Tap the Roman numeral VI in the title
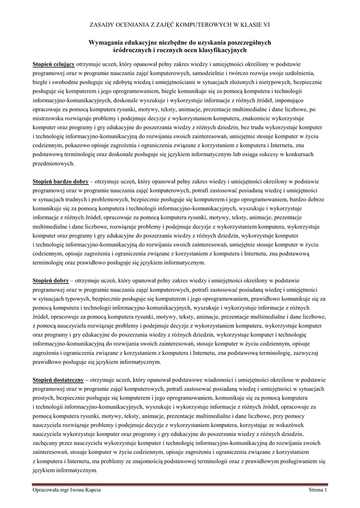267,24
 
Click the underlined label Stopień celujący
54,64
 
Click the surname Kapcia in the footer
91,490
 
